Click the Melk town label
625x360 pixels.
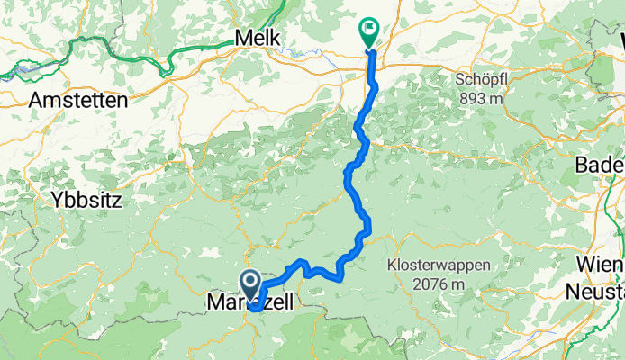pyautogui.click(x=257, y=39)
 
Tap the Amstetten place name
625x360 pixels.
pyautogui.click(x=77, y=101)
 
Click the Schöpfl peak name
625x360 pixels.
pyautogui.click(x=480, y=79)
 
